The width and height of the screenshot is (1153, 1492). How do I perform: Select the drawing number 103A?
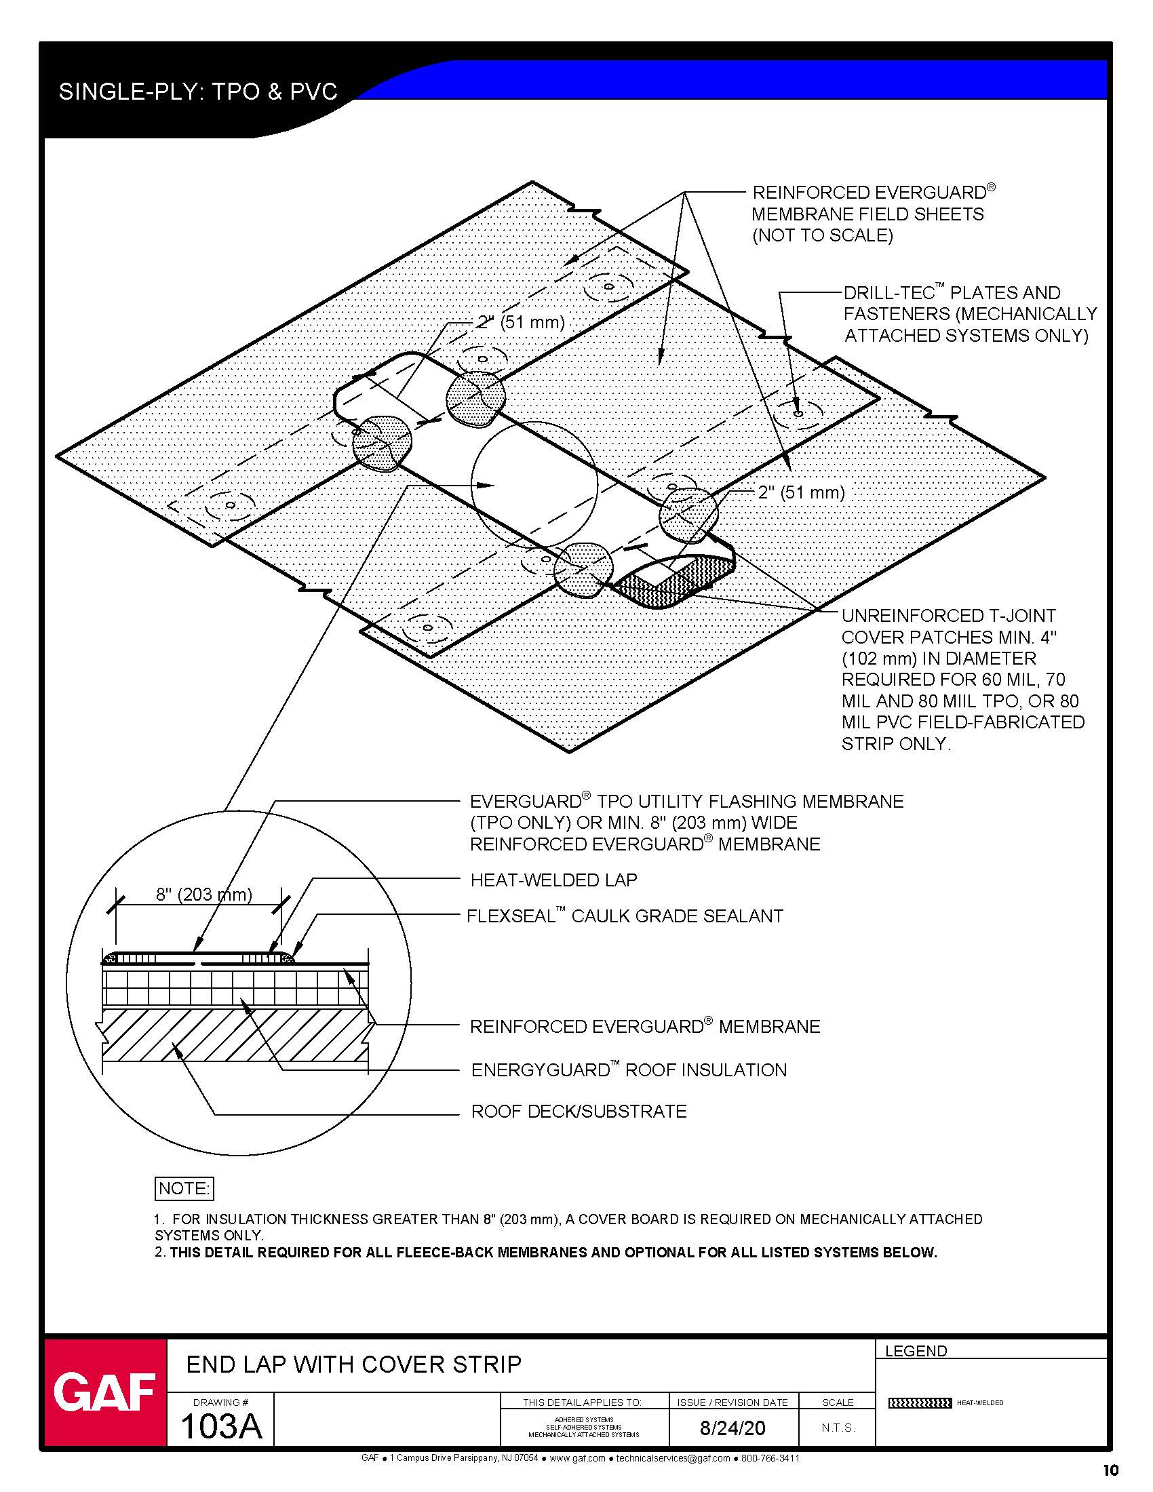coord(220,1426)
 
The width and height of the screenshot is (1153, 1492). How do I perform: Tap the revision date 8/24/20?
coord(733,1428)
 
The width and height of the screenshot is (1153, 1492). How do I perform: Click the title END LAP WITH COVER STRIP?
coord(354,1365)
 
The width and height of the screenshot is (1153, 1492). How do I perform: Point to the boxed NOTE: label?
coord(184,1189)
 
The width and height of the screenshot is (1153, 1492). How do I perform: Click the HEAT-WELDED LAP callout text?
coord(553,880)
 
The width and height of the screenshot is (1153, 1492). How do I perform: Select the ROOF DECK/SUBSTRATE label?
coord(579,1112)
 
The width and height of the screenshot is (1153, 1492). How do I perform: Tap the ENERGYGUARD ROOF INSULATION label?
coord(629,1069)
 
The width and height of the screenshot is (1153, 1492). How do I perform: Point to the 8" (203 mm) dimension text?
coord(203,895)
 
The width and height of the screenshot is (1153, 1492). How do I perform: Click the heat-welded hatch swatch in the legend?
coord(920,1403)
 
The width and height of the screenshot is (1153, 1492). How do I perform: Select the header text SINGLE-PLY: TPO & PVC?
coord(198,92)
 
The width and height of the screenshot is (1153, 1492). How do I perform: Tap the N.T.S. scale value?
coord(838,1428)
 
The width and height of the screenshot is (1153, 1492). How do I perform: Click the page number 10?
coord(1110,1470)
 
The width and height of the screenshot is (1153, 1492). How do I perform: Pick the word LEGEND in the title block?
coord(916,1350)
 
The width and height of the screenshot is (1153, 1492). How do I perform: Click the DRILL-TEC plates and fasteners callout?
coord(970,313)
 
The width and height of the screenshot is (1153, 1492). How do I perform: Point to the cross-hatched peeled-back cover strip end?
coord(673,580)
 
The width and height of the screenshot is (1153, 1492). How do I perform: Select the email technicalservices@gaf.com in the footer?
coord(673,1458)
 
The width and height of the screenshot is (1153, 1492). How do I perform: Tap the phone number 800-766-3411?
coord(770,1458)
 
